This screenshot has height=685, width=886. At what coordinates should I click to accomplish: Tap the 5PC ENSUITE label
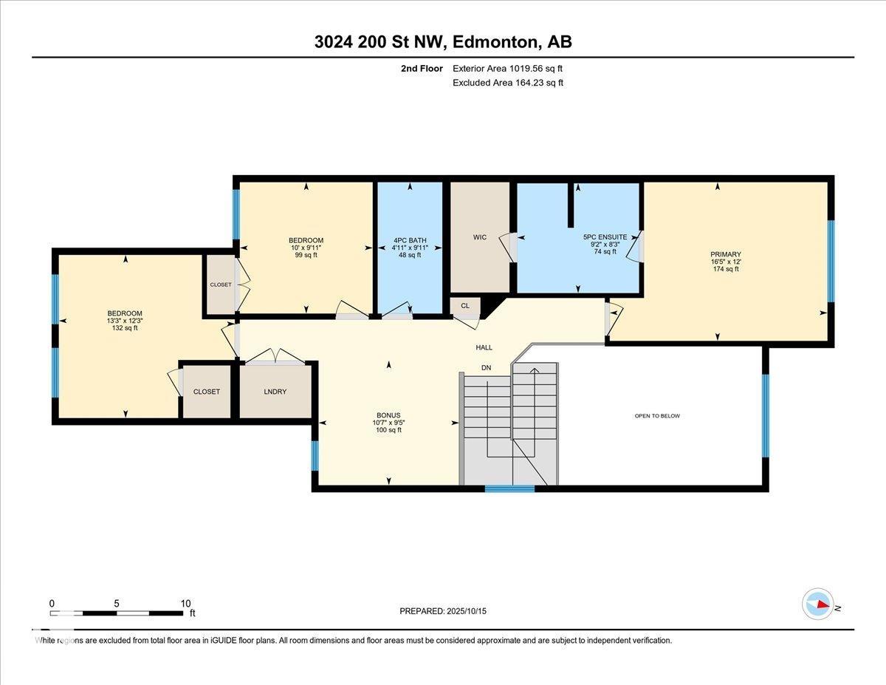point(605,237)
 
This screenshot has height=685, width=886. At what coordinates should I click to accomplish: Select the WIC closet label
point(480,237)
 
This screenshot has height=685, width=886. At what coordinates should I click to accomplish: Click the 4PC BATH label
point(410,240)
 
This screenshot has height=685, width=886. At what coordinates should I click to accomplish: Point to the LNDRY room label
point(275,392)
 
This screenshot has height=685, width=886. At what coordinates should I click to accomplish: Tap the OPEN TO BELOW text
point(657,416)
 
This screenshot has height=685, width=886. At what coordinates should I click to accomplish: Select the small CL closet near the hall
point(465,305)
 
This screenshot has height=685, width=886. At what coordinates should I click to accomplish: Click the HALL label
point(484,347)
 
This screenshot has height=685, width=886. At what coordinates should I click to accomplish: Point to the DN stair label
point(486,368)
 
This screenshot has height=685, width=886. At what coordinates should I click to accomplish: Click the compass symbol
point(818,604)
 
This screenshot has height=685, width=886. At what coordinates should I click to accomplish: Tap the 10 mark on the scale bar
point(185,603)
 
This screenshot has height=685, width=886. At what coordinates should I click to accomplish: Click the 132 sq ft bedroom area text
point(124,328)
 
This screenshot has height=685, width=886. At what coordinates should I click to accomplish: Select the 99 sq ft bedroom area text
point(306,255)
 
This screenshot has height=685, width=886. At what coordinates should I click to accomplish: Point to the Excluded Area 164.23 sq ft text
point(508,83)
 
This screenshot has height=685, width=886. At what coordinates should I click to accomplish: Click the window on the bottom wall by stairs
point(509,488)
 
